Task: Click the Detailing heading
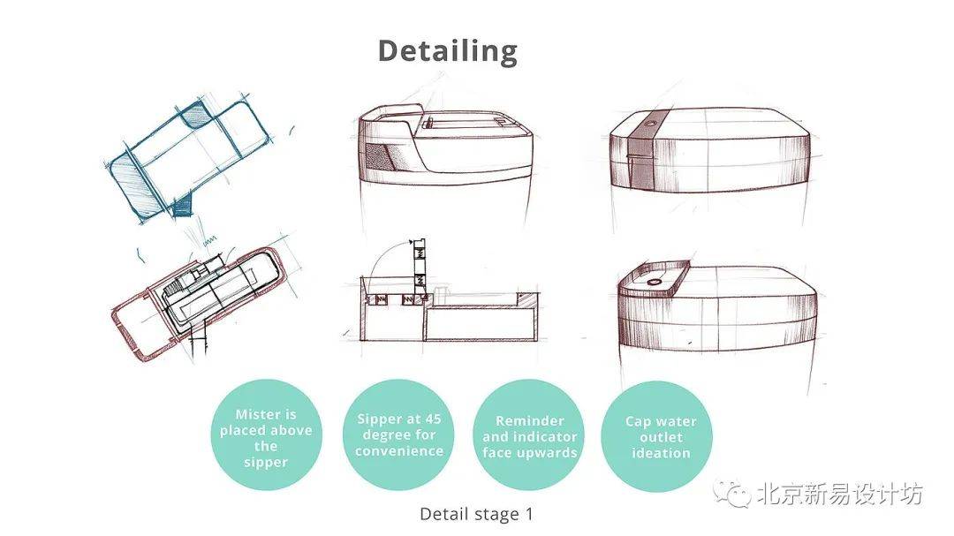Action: point(448,52)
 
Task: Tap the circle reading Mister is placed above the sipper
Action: point(266,434)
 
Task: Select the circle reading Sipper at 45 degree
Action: point(398,434)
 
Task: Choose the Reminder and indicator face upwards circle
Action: point(529,434)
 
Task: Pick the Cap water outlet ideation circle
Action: point(657,436)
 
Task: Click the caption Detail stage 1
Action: point(476,514)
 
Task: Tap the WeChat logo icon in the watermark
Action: point(732,493)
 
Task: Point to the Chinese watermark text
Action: point(840,494)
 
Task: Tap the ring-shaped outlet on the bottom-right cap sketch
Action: point(654,283)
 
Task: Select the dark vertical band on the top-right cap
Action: point(640,152)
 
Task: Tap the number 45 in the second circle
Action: point(433,419)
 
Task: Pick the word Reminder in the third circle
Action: point(529,420)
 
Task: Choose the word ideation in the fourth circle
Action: point(661,453)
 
